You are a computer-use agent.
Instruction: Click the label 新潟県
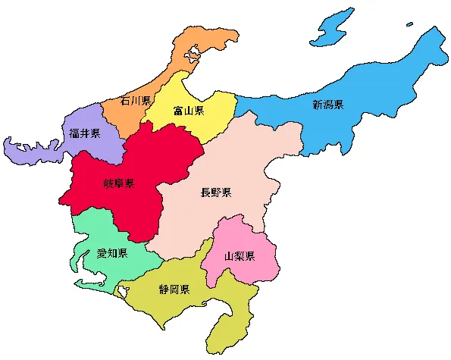pyautogui.click(x=328, y=105)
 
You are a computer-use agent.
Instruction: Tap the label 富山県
pyautogui.click(x=188, y=111)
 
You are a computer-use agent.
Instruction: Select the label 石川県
pyautogui.click(x=136, y=101)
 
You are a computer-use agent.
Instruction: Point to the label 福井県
pyautogui.click(x=84, y=133)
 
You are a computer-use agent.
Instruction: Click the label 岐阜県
pyautogui.click(x=119, y=183)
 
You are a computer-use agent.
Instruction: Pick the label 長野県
pyautogui.click(x=215, y=193)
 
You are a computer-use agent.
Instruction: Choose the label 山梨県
pyautogui.click(x=240, y=256)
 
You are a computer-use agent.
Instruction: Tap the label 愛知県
pyautogui.click(x=112, y=253)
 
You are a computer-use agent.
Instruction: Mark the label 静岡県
pyautogui.click(x=174, y=290)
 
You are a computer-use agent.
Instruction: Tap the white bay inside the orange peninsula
pyautogui.click(x=193, y=54)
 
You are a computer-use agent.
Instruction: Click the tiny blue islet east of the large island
pyautogui.click(x=410, y=23)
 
